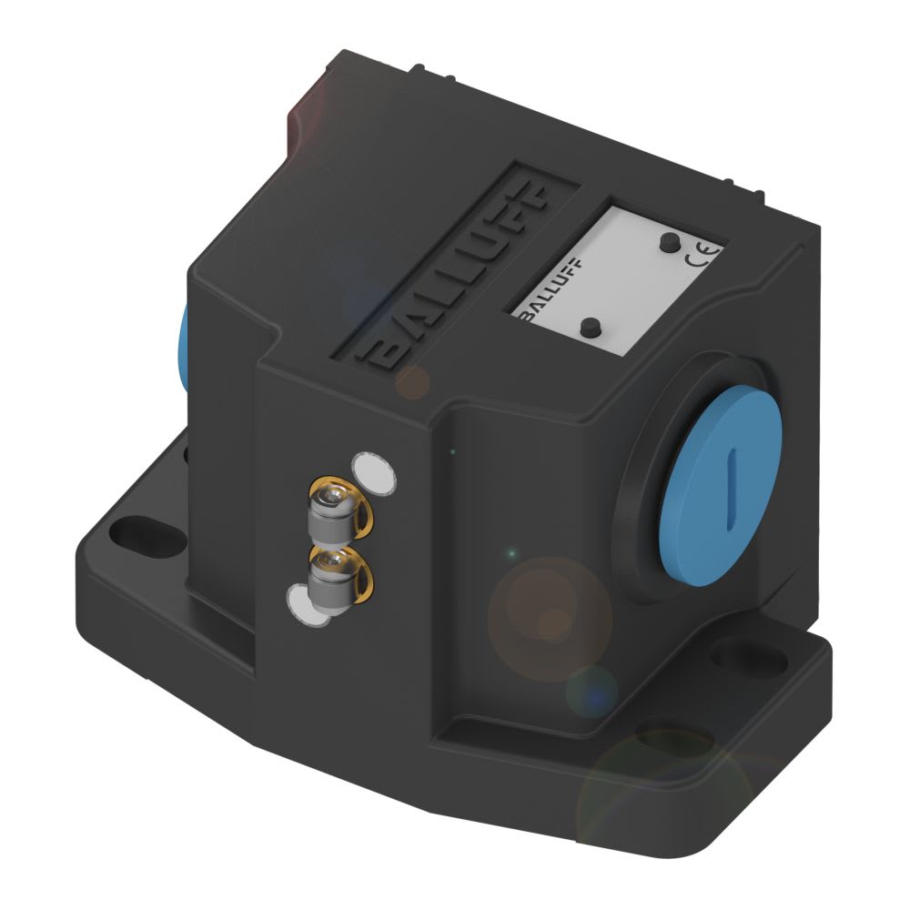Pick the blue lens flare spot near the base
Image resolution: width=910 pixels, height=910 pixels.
coord(592,693)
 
